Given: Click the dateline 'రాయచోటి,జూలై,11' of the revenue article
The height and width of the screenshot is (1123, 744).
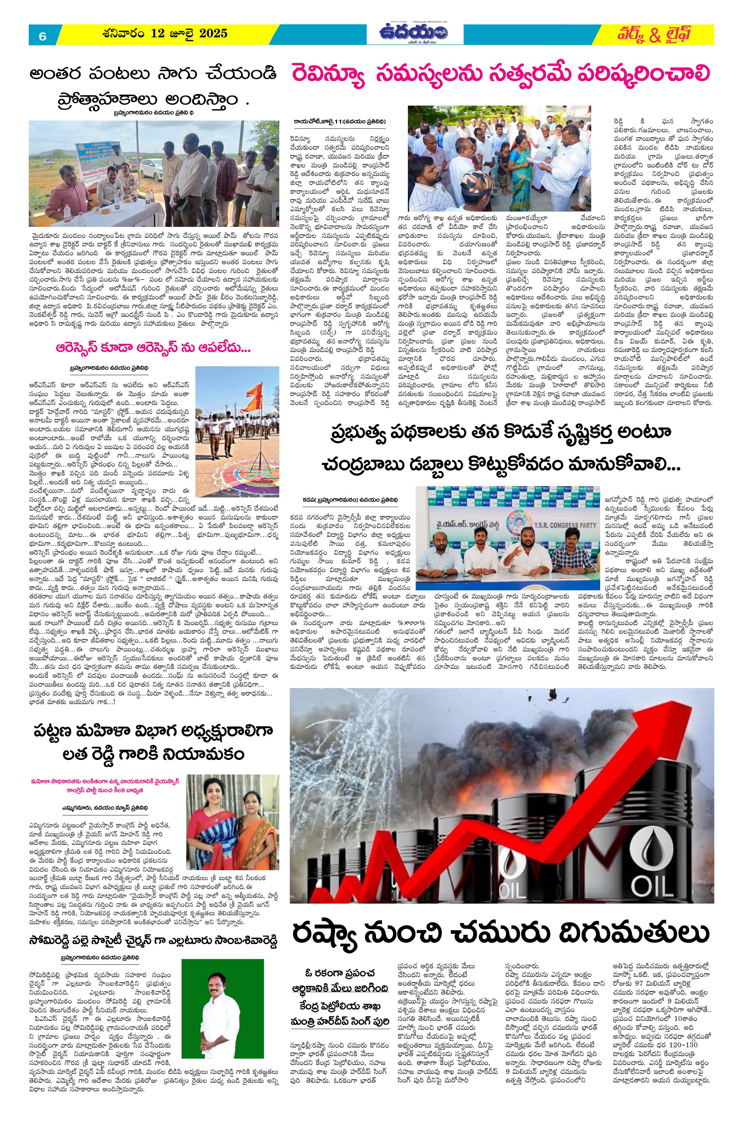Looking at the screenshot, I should (x=340, y=122).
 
